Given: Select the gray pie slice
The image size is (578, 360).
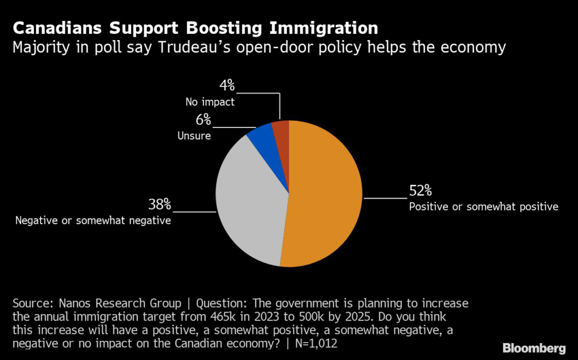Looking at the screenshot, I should (248, 197).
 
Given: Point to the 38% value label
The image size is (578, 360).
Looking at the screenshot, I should (159, 204).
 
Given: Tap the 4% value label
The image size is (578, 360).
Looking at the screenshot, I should (226, 86).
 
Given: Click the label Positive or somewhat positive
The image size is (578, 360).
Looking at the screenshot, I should (483, 207).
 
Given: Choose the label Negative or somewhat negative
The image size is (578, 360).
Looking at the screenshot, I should (93, 220).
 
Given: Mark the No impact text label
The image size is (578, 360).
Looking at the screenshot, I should (209, 102).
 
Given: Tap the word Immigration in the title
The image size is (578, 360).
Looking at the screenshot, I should (321, 28).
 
